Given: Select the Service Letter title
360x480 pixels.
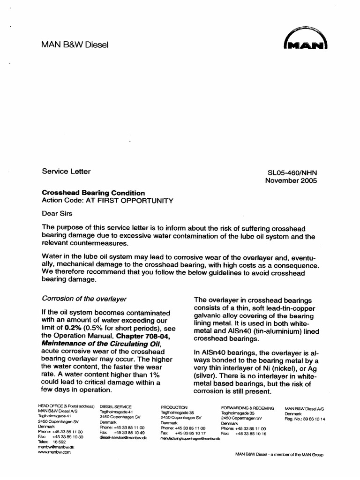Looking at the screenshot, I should [66, 172].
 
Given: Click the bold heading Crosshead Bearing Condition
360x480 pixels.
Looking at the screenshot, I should [94, 193].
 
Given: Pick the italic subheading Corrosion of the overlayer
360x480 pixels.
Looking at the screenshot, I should [84, 299].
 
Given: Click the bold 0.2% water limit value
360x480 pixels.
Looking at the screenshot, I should [75, 328].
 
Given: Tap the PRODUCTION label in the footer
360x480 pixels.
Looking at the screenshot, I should [174, 407].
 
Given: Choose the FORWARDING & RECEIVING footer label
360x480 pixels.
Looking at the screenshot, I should [247, 407].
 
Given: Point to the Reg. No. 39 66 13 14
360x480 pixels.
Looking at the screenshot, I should [305, 419].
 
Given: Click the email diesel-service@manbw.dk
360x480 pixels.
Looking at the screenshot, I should [123, 436].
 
